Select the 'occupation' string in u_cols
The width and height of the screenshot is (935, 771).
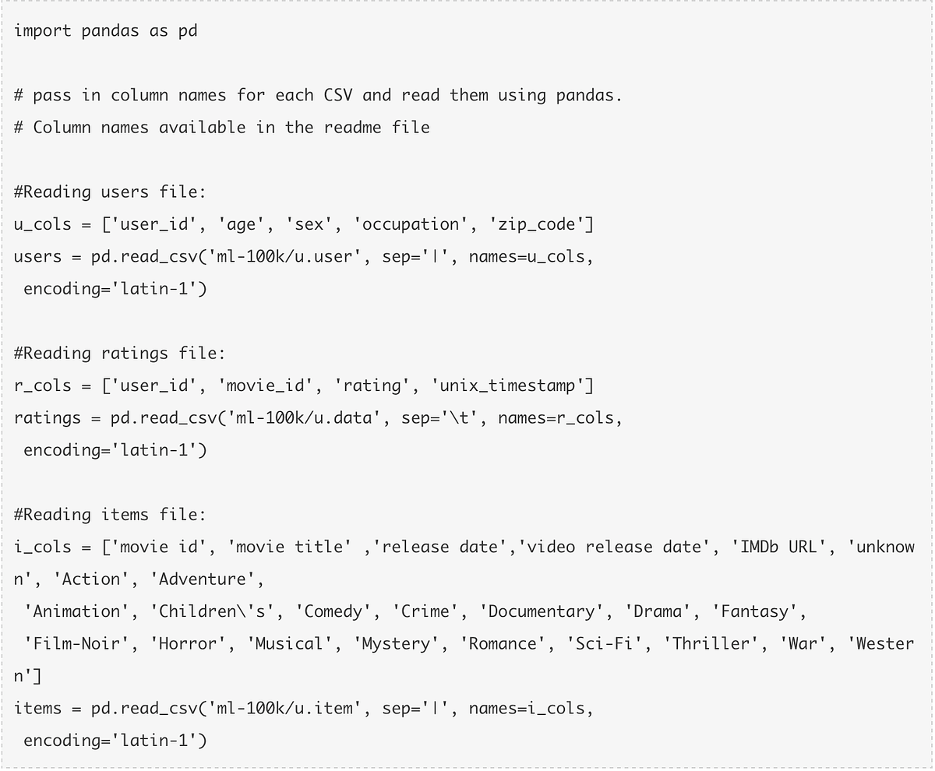pos(411,225)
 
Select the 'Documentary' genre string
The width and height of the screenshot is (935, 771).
pos(541,611)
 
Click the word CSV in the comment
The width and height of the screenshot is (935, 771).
pos(337,96)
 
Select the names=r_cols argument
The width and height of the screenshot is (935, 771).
pos(559,418)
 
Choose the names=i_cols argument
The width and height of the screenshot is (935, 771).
pos(531,709)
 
